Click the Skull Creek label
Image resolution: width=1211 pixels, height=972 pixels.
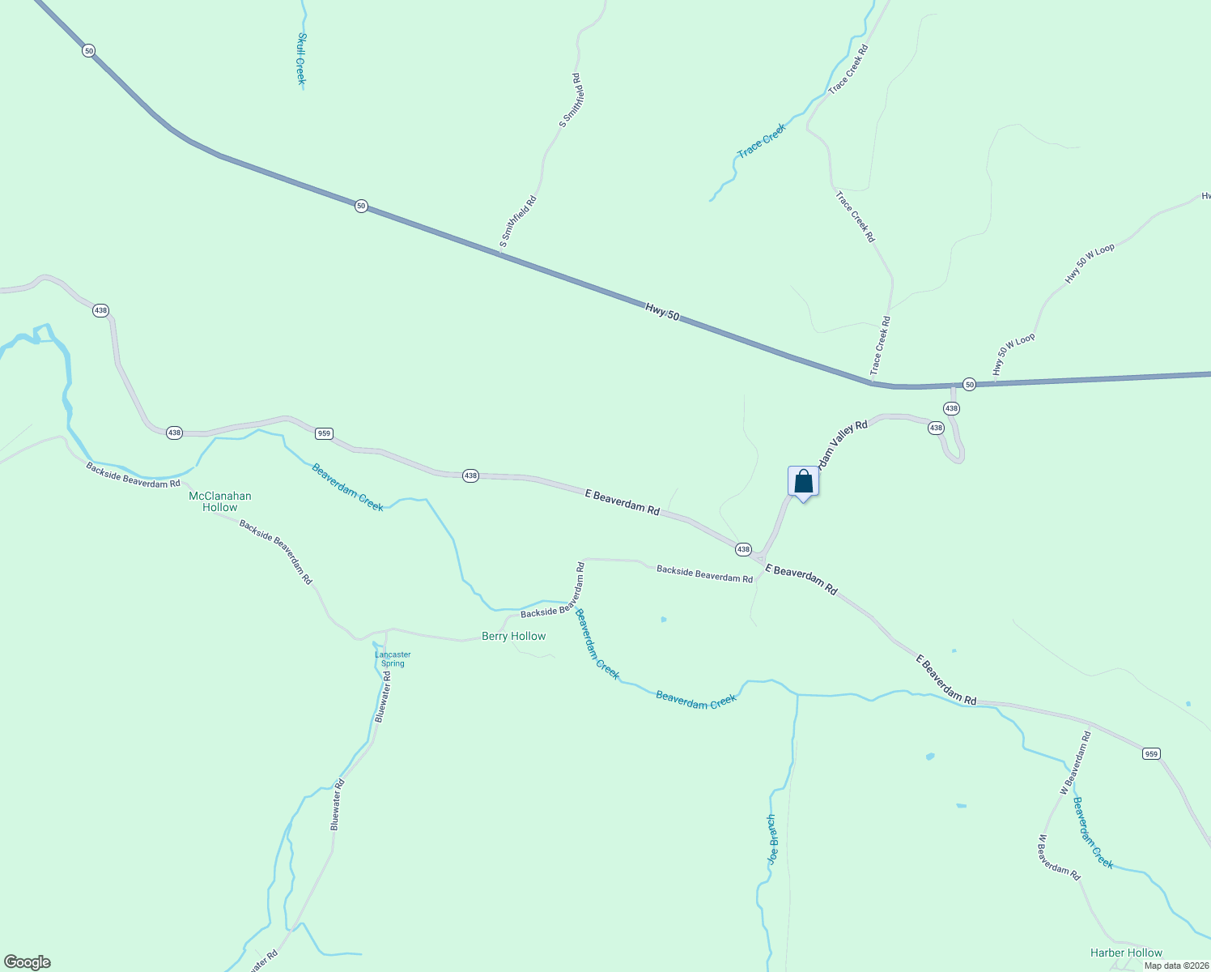pos(300,58)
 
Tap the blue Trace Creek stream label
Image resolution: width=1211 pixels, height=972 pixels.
pos(762,141)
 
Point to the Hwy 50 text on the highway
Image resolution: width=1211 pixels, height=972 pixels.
pos(662,311)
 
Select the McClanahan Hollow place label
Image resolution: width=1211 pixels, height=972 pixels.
pos(220,501)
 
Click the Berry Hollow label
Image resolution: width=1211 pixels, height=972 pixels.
pos(513,636)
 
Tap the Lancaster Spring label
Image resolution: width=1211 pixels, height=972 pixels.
pos(393,659)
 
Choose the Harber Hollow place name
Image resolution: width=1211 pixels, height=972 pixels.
pos(1126,953)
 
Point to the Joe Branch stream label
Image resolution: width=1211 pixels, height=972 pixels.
pos(772,839)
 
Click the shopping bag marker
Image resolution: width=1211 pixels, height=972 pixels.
pos(803,482)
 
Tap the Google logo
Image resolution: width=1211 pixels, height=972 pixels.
pos(27,962)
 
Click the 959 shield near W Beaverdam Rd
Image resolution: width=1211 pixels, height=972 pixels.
pos(1151,754)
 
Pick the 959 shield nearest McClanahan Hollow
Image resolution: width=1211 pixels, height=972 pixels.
pos(324,433)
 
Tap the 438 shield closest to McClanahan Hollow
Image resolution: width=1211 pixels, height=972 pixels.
pos(174,433)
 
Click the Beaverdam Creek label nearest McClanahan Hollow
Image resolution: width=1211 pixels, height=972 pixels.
pos(347,487)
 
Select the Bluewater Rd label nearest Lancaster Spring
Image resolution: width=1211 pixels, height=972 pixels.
pos(383,697)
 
